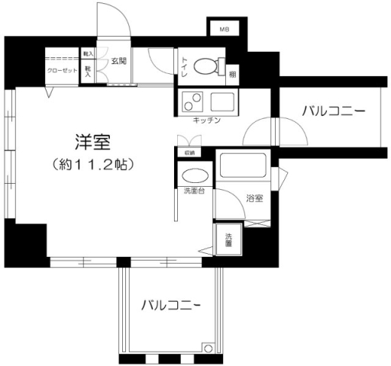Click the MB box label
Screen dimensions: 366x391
224,30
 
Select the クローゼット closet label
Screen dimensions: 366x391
62,70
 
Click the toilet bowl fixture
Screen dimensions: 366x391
205,66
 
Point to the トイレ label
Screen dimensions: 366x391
184,66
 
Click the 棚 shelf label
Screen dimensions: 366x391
232,75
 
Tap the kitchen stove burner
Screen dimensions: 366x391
191,100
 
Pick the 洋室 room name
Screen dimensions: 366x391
92,142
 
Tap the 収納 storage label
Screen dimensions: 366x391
189,152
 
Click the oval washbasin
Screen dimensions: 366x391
195,174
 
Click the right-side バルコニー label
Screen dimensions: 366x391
332,111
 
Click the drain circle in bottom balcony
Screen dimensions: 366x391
208,349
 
